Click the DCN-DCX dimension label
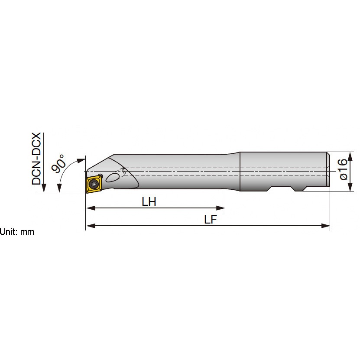36,159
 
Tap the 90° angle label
58,163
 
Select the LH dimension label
149,202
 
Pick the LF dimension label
210,220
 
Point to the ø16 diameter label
343,169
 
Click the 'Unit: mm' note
17,232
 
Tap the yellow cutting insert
94,184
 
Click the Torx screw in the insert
94,183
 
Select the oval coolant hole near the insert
113,178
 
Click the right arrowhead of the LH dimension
221,208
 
